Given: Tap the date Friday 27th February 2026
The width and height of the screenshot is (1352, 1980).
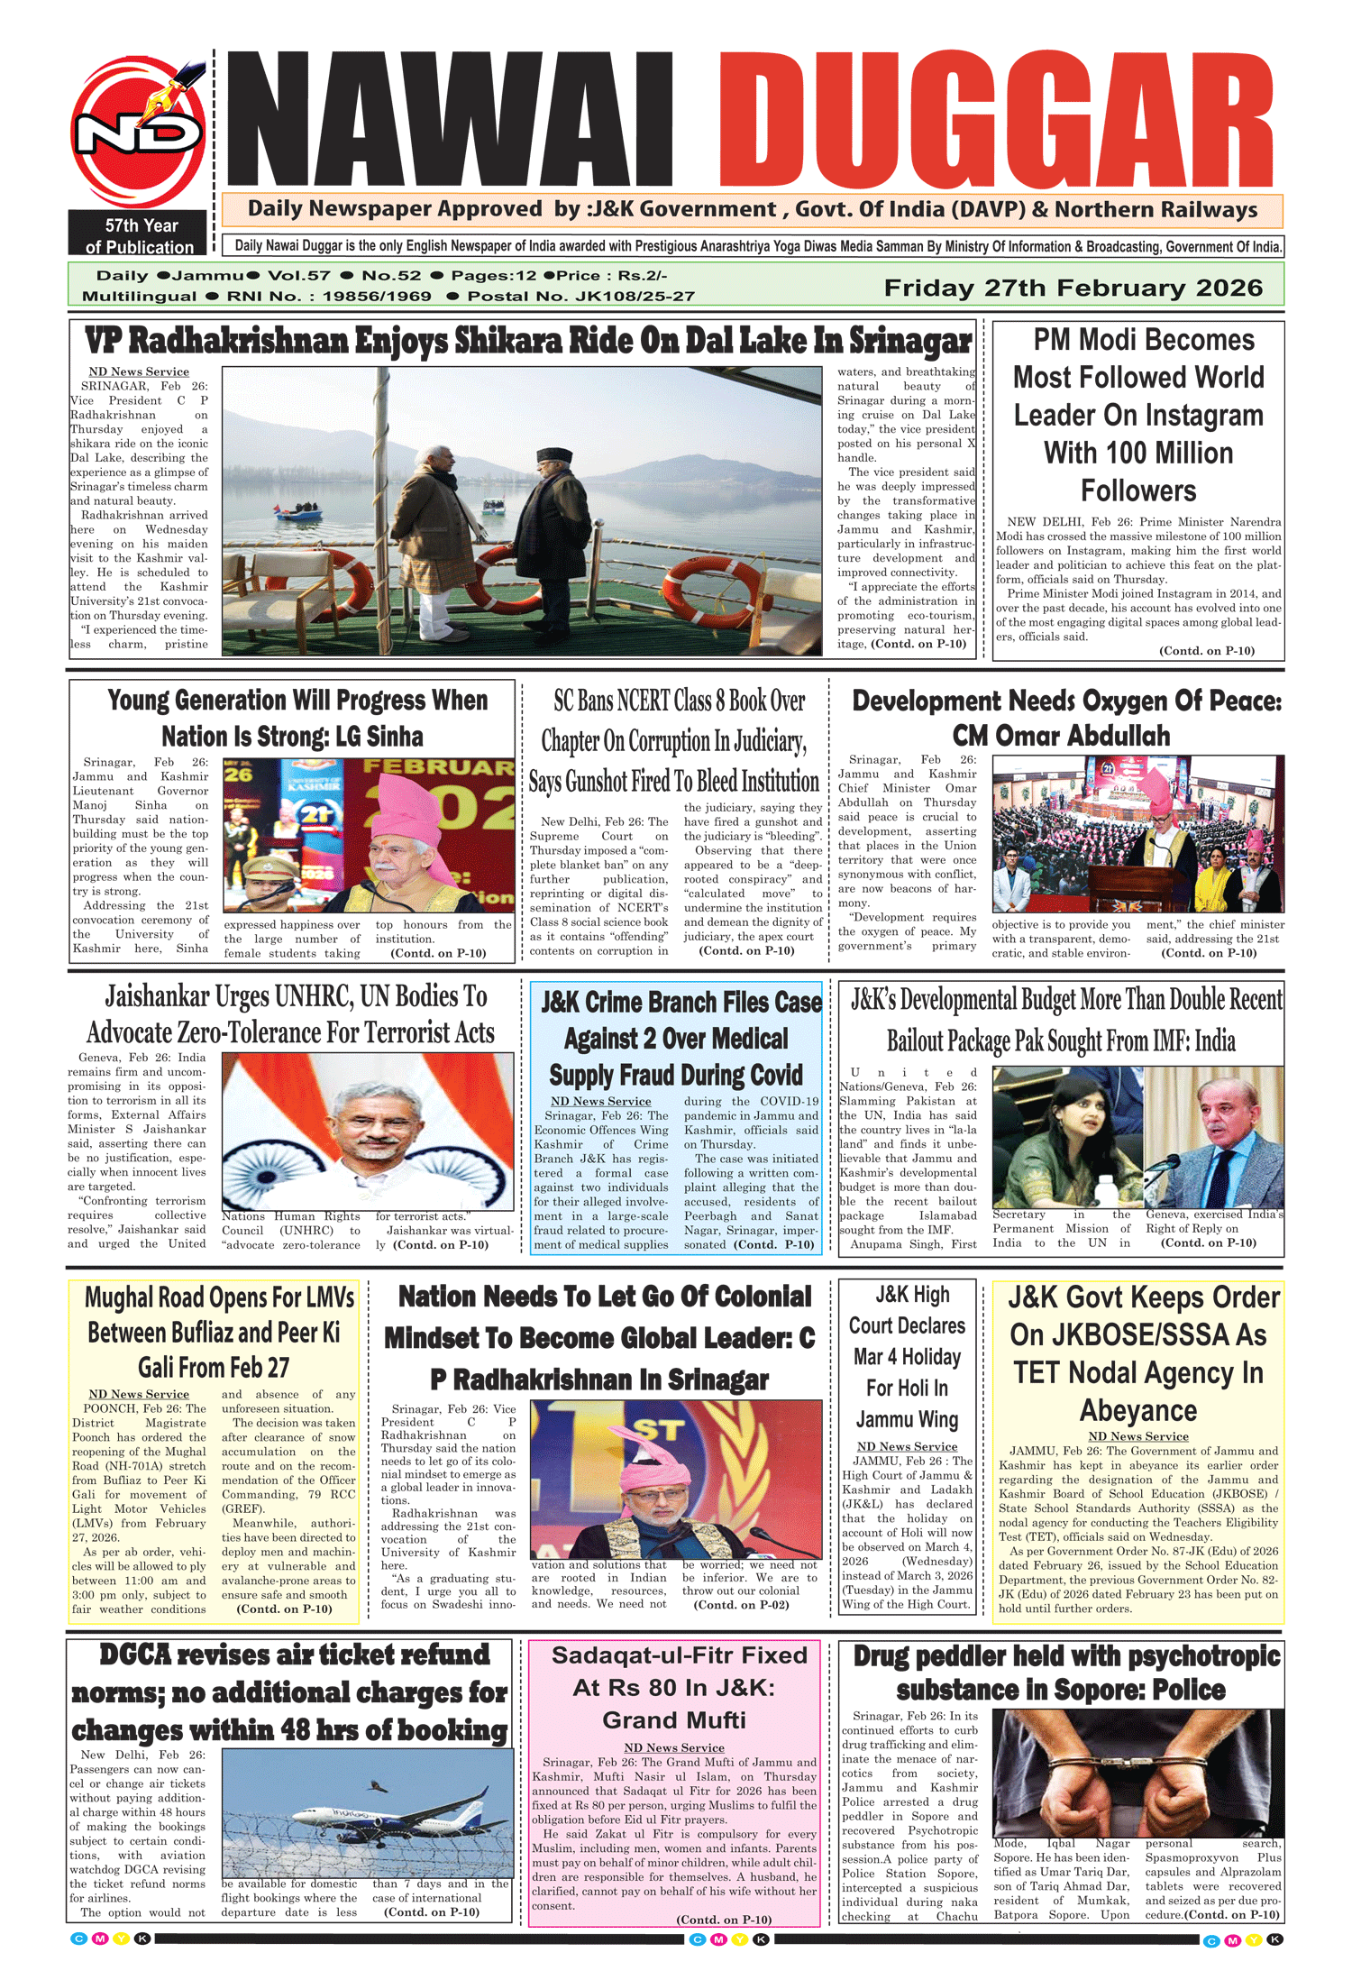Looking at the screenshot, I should coord(1073,289).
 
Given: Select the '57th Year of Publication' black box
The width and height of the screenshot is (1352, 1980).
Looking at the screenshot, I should coord(140,234).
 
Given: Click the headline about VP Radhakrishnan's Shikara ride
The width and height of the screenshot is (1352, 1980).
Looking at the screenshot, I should coord(527,342).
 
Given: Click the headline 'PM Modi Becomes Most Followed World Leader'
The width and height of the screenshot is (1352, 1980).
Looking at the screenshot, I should coord(1138,415).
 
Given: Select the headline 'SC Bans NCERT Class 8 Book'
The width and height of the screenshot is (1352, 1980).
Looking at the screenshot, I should coord(674,741).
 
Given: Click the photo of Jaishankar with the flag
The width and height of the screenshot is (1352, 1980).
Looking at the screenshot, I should coord(368,1131).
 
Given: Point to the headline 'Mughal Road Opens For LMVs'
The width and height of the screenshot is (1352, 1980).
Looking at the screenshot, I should coord(215,1333).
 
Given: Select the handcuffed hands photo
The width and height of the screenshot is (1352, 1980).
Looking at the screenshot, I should coord(1137,1773).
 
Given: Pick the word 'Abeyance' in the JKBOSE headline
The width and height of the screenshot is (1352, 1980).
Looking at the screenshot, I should coord(1138,1410).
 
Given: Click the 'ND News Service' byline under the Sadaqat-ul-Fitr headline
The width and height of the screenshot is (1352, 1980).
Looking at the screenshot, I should coord(674,1747).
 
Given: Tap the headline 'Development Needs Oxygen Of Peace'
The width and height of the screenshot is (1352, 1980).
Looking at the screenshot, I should coord(1066,719).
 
